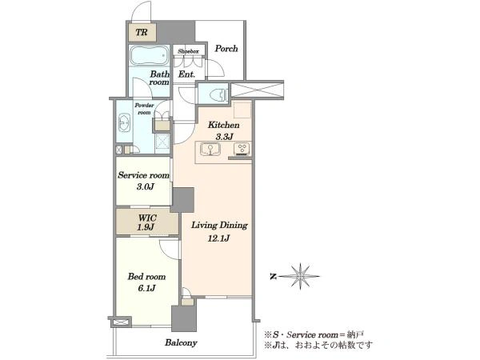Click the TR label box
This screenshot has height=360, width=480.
tap(142, 32)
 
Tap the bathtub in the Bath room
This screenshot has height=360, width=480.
tap(150, 55)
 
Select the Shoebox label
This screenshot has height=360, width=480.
tap(188, 51)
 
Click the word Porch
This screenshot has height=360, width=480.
tap(226, 48)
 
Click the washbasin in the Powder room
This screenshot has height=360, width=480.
tap(124, 122)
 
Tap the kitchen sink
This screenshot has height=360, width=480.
tap(210, 150)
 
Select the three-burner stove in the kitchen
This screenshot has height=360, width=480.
tap(242, 149)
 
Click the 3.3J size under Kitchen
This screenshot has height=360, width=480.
tap(224, 137)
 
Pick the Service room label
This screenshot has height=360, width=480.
tap(143, 175)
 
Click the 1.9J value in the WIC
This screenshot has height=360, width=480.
tap(146, 227)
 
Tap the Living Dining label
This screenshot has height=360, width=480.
tap(219, 226)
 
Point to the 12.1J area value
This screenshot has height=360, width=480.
tap(218, 238)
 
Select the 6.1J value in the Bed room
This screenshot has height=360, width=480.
tap(146, 288)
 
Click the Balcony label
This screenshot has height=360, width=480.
tap(181, 342)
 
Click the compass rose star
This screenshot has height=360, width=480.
tap(301, 277)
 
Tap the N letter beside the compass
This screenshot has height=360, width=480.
tap(273, 277)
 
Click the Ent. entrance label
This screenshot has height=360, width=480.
tap(186, 74)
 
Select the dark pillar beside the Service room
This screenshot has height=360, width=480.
tap(182, 199)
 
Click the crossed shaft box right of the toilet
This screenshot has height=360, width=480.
tap(257, 90)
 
